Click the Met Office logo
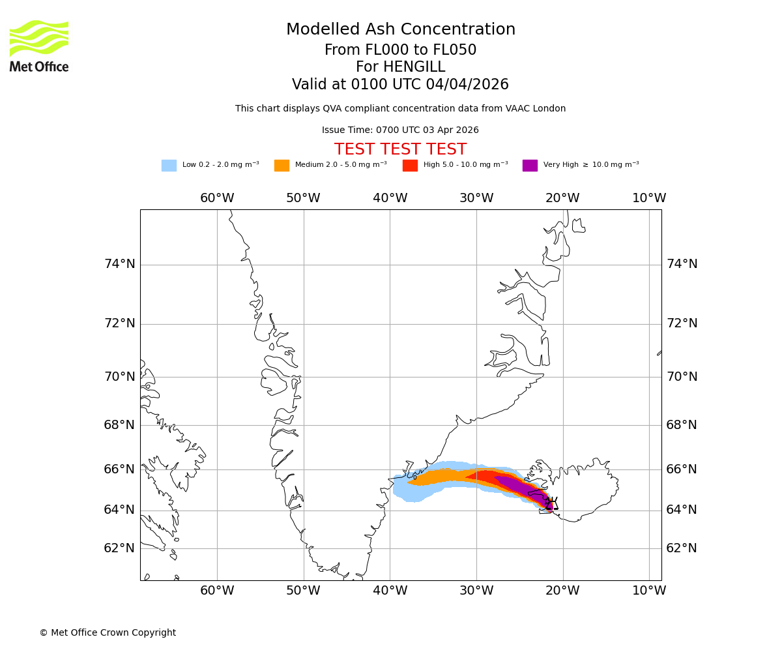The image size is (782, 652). [x=39, y=46]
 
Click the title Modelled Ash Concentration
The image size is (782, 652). [x=400, y=30]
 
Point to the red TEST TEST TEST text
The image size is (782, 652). [x=400, y=149]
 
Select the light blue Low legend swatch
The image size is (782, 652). [x=169, y=166]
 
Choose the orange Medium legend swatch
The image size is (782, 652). [x=282, y=166]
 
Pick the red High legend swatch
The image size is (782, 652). [x=410, y=166]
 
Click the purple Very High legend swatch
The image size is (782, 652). [x=530, y=166]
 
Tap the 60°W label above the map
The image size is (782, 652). [x=217, y=198]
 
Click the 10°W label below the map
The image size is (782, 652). [x=649, y=591]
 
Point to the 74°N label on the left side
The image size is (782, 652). [x=120, y=264]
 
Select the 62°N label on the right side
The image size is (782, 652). [x=682, y=548]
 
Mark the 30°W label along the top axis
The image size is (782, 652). [x=476, y=198]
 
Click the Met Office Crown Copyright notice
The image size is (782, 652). [x=108, y=632]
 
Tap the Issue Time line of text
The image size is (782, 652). [x=400, y=130]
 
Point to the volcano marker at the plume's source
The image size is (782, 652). [x=551, y=504]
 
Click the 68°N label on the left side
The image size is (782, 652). [x=120, y=425]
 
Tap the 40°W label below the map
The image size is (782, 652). [x=390, y=591]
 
